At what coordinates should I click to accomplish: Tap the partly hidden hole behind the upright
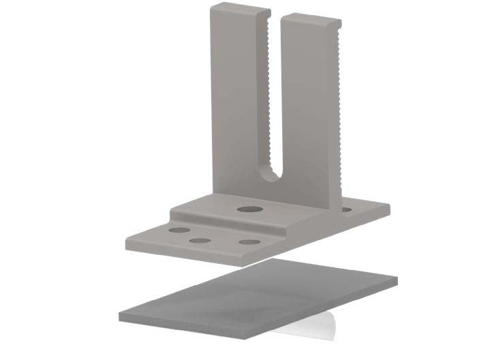click(346, 209)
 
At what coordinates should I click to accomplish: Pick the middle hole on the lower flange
click(199, 241)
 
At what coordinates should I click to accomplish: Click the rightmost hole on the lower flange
click(249, 242)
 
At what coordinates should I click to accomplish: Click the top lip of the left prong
click(235, 9)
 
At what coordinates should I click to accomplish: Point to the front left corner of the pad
click(121, 316)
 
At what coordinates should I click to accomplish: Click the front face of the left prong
click(236, 102)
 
